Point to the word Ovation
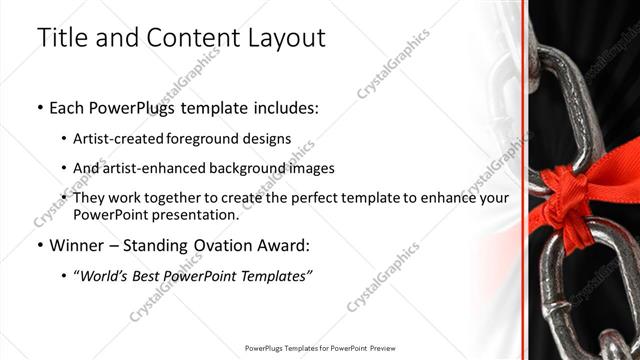pyautogui.click(x=220, y=245)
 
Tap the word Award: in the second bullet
pyautogui.click(x=286, y=245)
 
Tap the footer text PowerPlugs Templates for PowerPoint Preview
pyautogui.click(x=319, y=348)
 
